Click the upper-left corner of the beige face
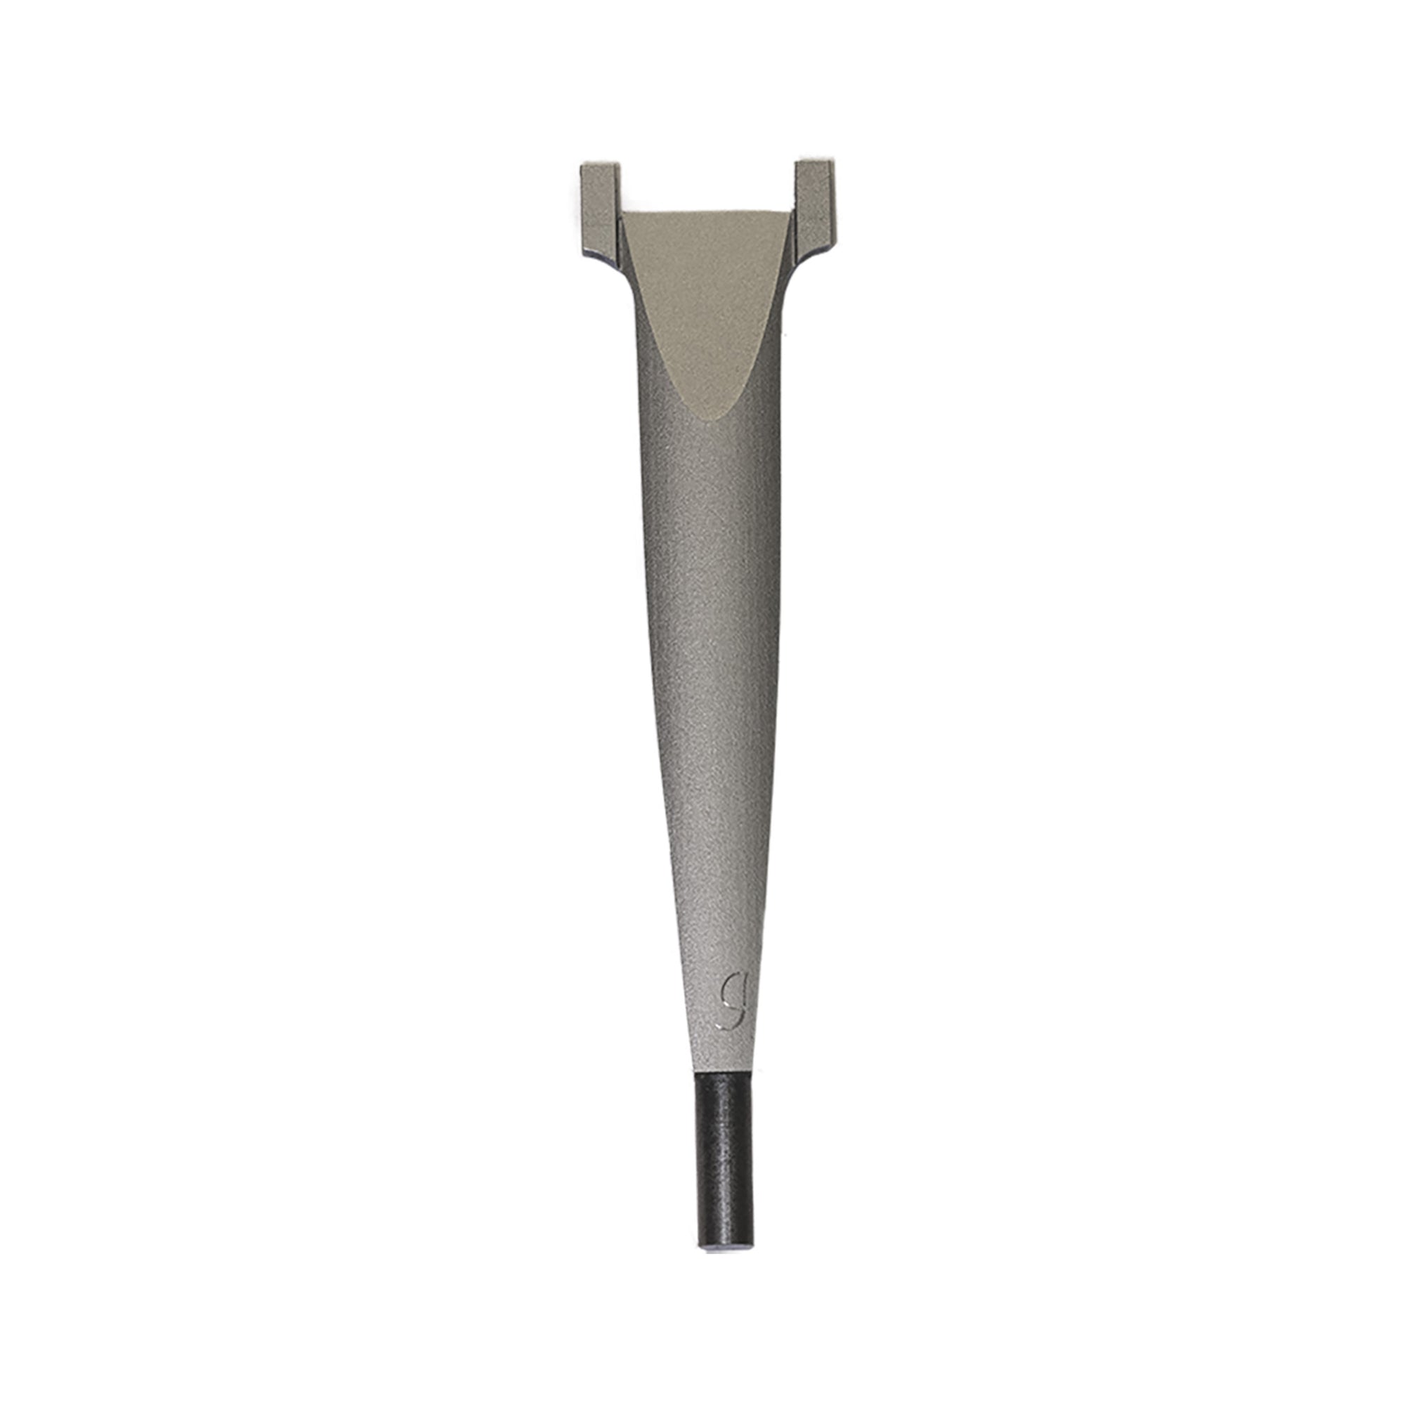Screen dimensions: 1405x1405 pyautogui.click(x=624, y=215)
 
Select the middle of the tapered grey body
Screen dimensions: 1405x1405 pyautogui.click(x=709, y=655)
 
